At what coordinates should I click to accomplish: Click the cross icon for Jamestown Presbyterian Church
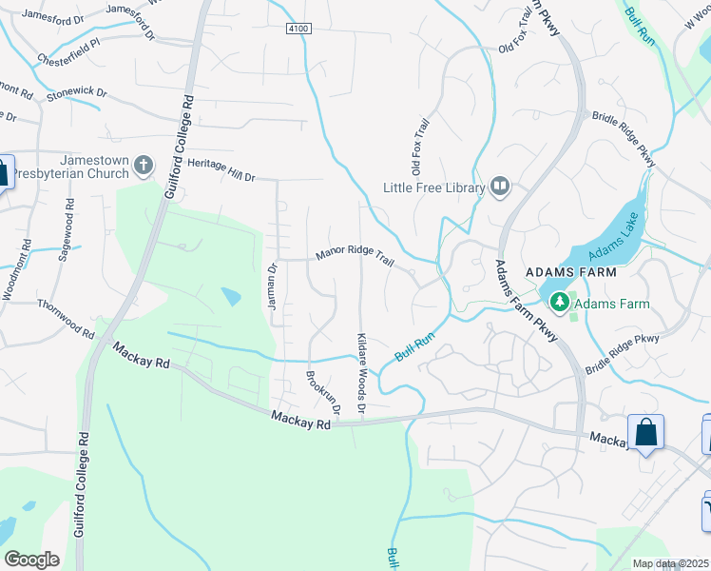[144, 167]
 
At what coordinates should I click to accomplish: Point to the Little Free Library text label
[433, 188]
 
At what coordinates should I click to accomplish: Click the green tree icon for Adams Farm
[560, 303]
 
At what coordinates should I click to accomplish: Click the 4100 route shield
[298, 30]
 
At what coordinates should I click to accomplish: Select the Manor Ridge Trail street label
[354, 256]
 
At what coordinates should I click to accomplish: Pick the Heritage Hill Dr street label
[221, 170]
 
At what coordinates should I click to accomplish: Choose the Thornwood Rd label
[66, 320]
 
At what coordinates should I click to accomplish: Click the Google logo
[32, 559]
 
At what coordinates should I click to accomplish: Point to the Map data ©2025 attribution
[670, 563]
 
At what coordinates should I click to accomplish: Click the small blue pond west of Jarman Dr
[231, 297]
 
